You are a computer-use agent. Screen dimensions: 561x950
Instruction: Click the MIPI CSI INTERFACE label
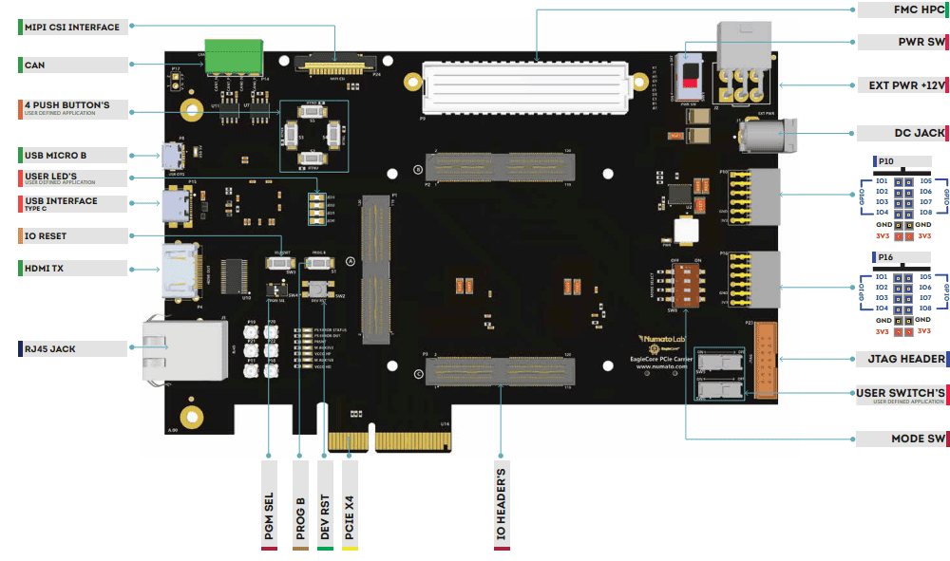click(72, 28)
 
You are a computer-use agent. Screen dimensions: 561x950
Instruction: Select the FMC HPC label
click(902, 10)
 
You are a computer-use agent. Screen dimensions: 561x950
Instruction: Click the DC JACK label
click(902, 133)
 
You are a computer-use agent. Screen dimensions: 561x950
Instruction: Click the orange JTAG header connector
click(767, 360)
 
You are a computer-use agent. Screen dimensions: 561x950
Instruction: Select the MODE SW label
click(902, 439)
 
